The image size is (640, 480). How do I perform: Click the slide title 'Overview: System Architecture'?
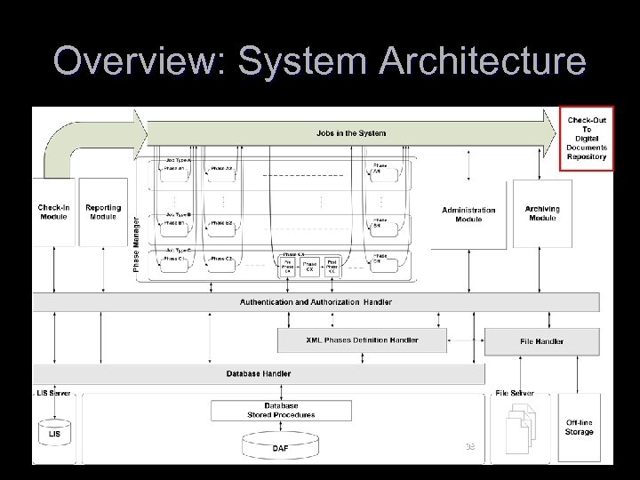click(319, 61)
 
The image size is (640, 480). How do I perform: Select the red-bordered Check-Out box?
click(587, 138)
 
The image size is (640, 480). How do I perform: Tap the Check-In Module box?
click(53, 212)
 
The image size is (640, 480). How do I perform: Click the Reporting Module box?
click(103, 212)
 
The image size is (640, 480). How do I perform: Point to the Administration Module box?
click(468, 214)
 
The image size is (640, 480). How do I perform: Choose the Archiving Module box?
click(542, 213)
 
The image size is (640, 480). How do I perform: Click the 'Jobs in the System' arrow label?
click(351, 133)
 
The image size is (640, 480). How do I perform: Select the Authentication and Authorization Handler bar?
click(316, 302)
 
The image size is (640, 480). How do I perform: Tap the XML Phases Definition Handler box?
click(362, 340)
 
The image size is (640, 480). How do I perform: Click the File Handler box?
click(542, 341)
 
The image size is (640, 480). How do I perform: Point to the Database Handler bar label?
click(258, 374)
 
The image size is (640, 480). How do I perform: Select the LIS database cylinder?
click(53, 432)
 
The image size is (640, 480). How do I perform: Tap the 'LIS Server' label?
click(53, 392)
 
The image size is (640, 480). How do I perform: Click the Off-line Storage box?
click(580, 428)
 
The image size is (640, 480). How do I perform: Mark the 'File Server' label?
click(515, 392)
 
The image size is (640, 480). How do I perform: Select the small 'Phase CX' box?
click(309, 266)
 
